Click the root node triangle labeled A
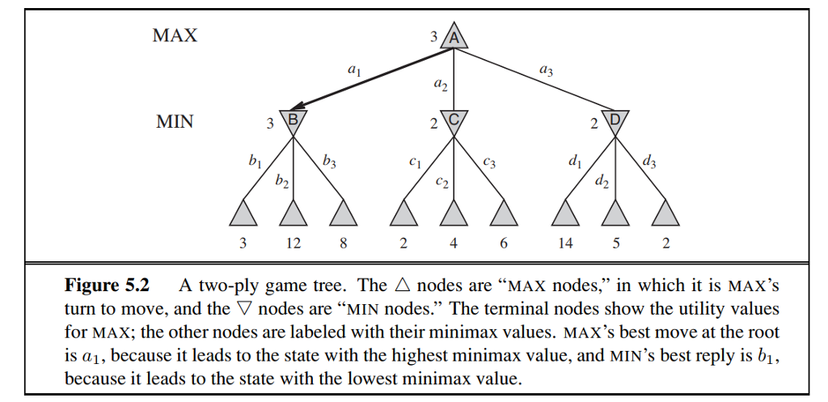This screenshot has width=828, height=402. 454,39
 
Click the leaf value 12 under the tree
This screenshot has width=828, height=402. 293,243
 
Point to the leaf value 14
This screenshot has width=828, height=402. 566,243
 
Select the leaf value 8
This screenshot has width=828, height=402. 342,243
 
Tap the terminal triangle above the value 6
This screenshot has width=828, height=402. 504,214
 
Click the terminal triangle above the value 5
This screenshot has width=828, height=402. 616,214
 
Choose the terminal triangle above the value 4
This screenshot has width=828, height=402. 454,214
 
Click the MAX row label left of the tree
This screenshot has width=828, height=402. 175,36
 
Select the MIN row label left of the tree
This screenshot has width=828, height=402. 175,122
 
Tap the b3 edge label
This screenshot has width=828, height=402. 329,162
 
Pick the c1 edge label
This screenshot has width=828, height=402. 415,163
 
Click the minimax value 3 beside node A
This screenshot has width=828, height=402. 434,37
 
